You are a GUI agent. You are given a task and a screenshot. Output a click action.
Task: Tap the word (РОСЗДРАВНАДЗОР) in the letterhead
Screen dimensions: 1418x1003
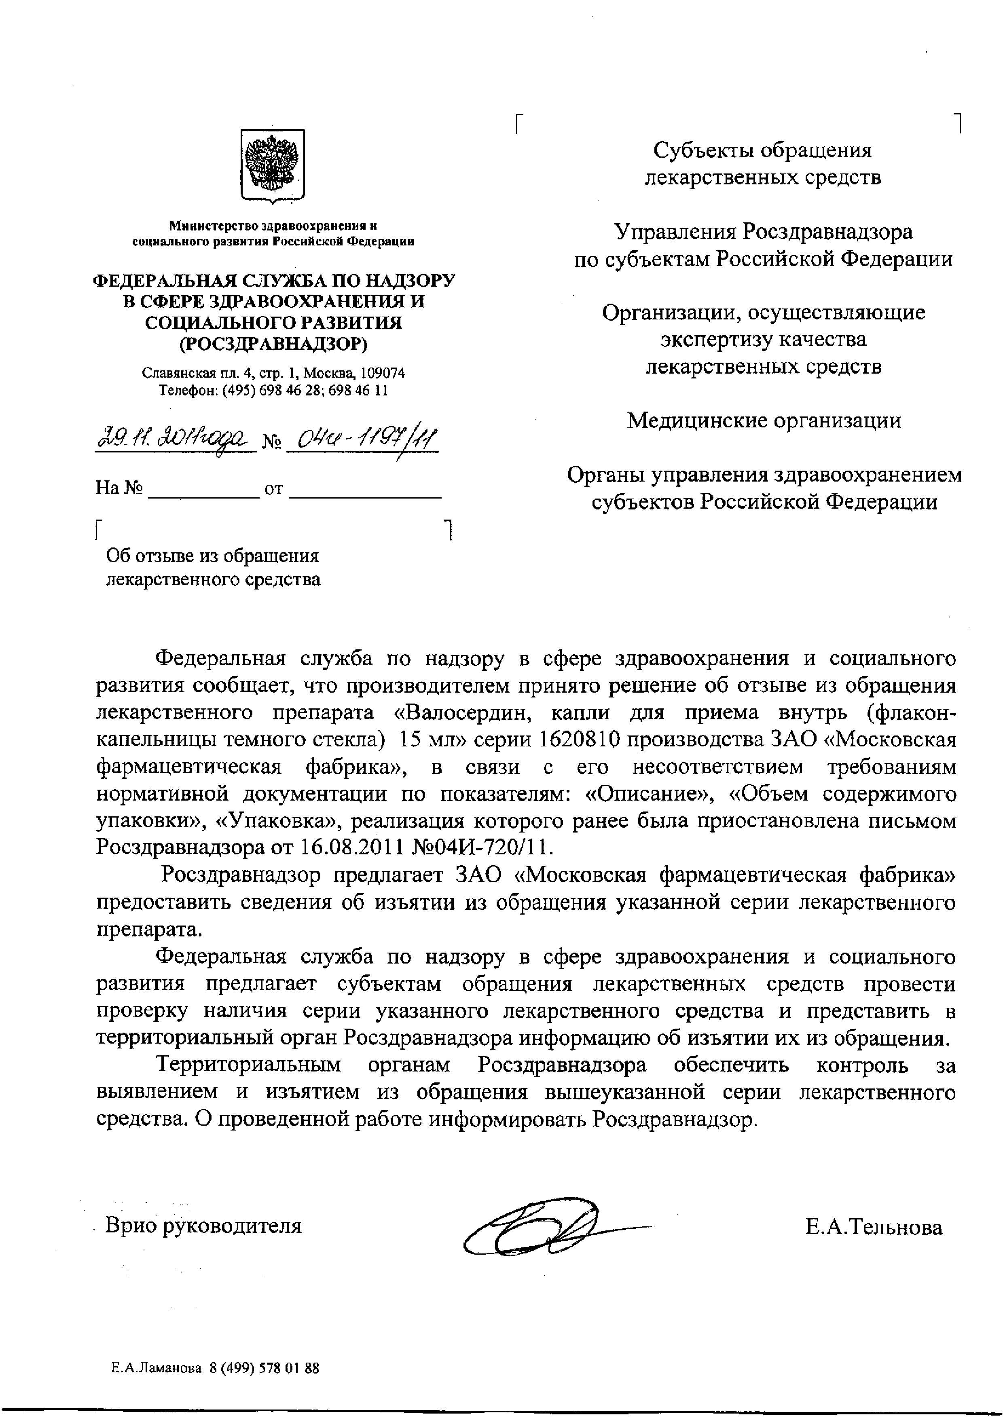273,343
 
